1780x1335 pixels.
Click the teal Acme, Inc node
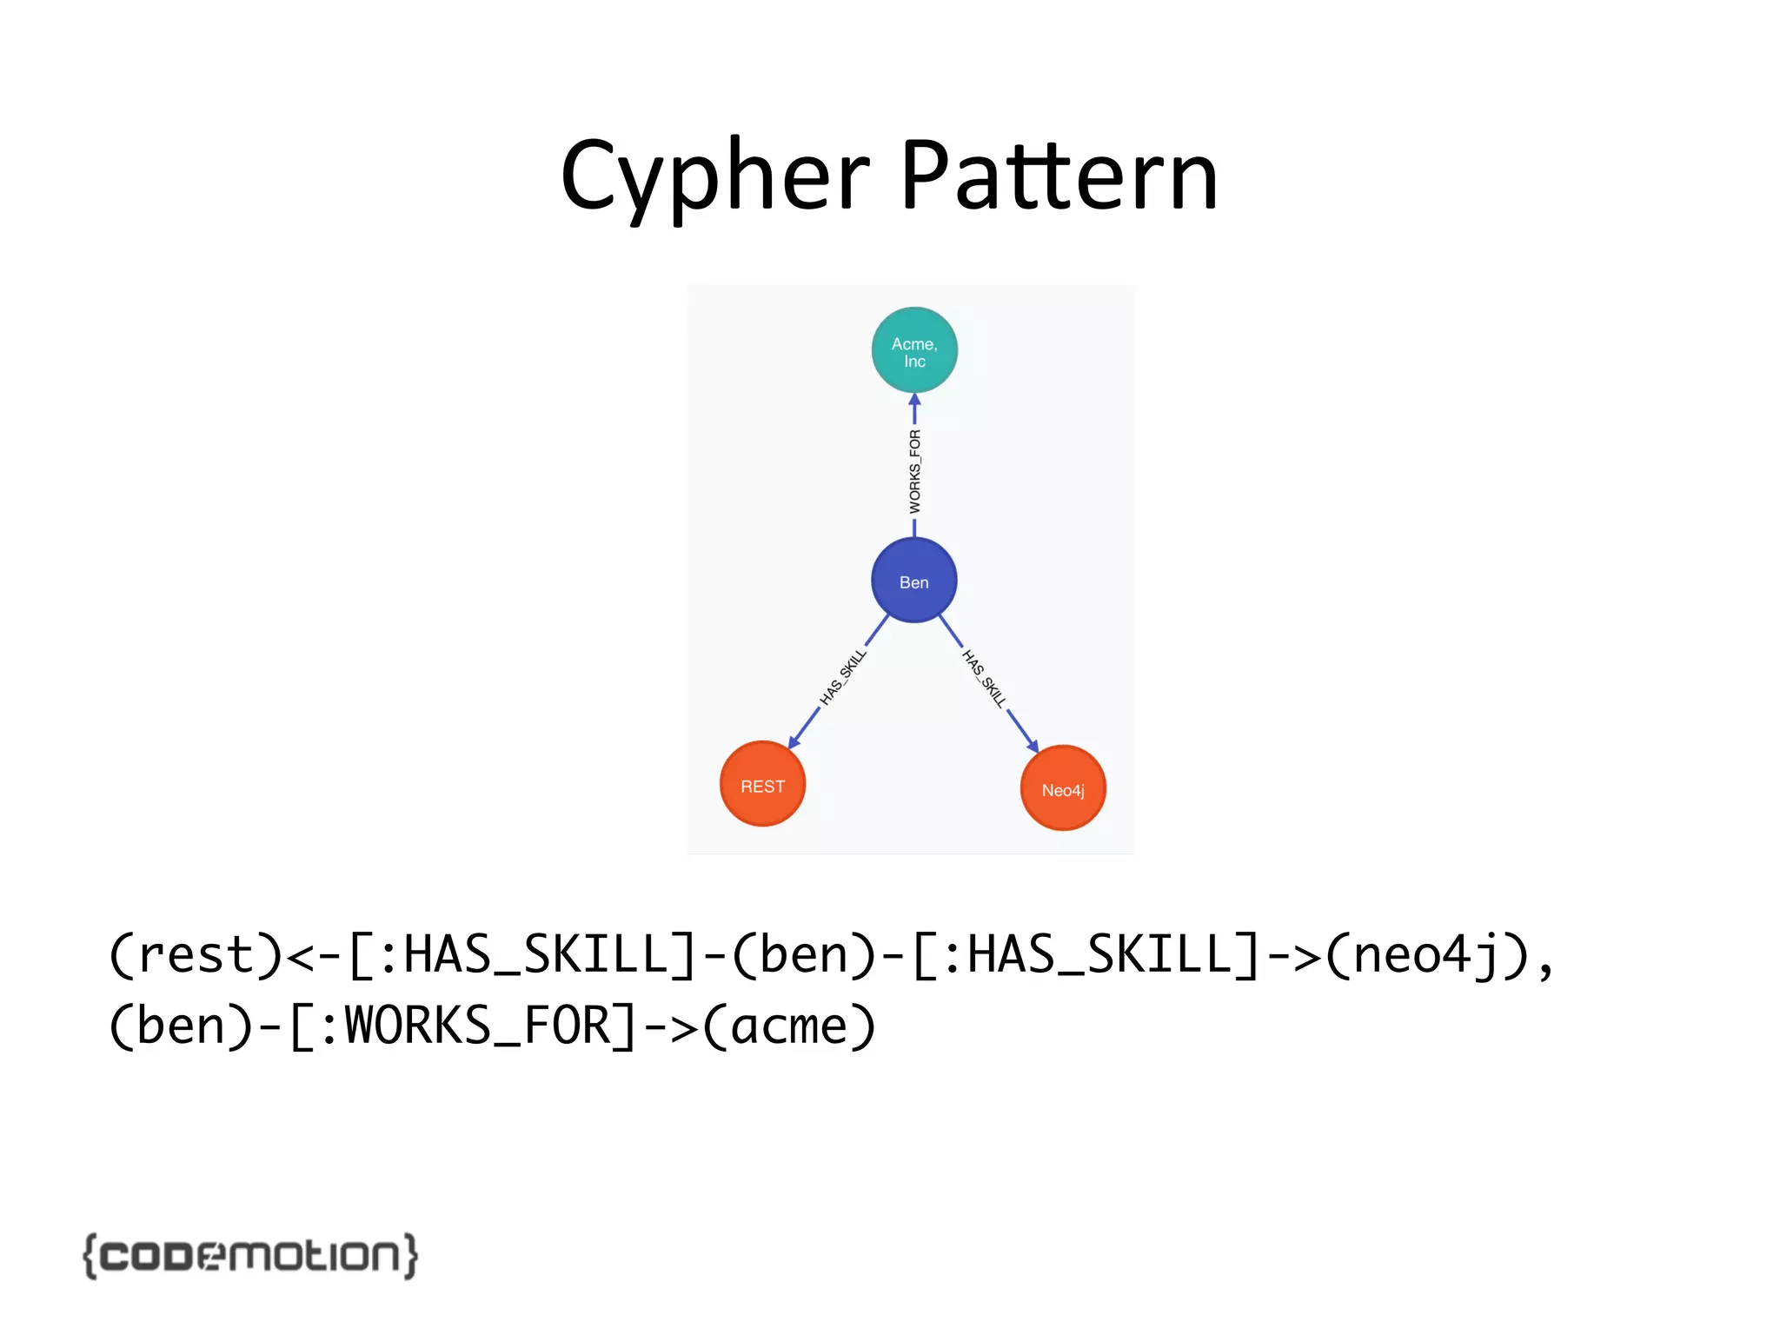[914, 350]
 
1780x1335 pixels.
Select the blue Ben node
[913, 581]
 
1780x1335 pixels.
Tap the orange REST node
[762, 784]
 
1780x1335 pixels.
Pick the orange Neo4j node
[1062, 788]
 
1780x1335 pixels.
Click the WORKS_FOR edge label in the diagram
[914, 471]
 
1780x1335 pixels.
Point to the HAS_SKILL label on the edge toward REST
[843, 677]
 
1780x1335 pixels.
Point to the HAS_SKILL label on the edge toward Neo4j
[984, 679]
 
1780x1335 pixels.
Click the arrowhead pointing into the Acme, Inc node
[914, 401]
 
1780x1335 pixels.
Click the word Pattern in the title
[1059, 177]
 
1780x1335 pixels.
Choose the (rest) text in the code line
[196, 955]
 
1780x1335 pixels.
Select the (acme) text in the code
[789, 1026]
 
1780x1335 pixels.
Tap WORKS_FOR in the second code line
[478, 1026]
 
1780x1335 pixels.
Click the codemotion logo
[250, 1255]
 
